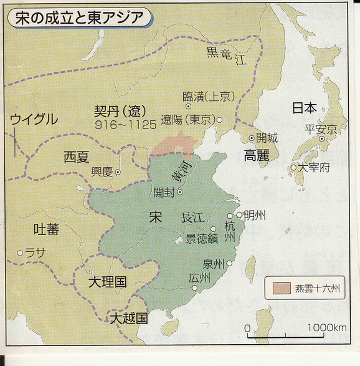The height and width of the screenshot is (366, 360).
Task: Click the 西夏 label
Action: pyautogui.click(x=77, y=158)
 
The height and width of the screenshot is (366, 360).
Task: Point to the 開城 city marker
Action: pyautogui.click(x=252, y=138)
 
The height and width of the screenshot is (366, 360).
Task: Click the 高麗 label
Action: pyautogui.click(x=256, y=155)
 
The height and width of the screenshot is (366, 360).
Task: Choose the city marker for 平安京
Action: pyautogui.click(x=321, y=139)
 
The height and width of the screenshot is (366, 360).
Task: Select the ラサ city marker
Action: pyautogui.click(x=20, y=253)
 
